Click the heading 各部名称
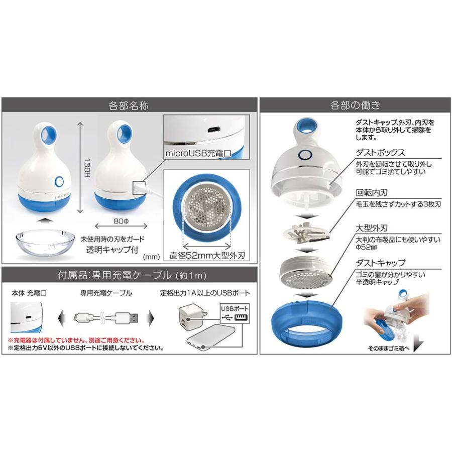coord(128,105)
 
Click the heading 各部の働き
coord(355,105)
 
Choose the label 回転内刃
coord(370,193)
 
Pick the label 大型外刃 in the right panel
coord(370,231)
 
